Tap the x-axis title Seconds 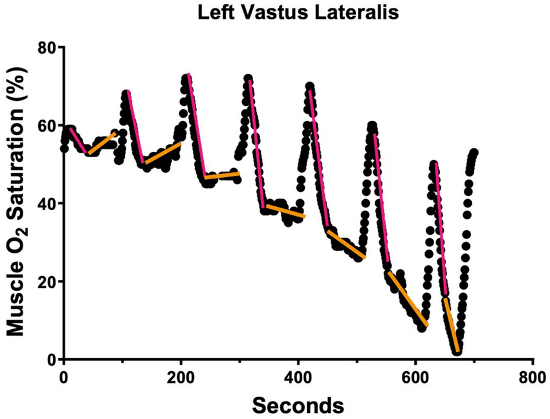click(298, 405)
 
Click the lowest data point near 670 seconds click(457, 352)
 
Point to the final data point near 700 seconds click(474, 153)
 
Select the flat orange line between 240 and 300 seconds click(222, 175)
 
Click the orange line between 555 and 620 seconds click(408, 299)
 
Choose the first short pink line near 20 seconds click(78, 141)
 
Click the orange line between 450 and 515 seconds click(347, 244)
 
